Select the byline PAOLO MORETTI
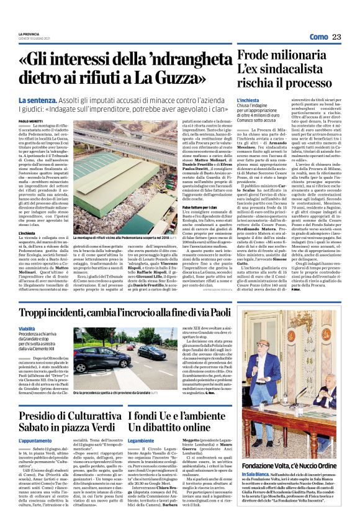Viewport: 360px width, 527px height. [31, 122]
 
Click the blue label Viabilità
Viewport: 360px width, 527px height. [27, 328]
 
